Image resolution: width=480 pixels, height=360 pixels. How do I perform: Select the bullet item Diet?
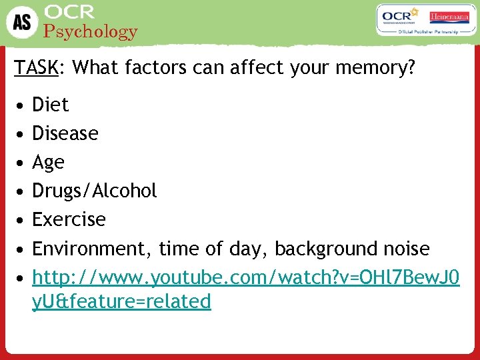coord(51,105)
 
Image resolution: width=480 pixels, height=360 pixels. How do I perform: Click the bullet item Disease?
coord(65,133)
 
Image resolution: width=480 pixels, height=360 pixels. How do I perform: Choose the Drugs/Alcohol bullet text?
coord(95,191)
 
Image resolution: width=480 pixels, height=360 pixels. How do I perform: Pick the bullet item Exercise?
coord(69,219)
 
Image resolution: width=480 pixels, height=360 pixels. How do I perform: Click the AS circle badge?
coord(22,22)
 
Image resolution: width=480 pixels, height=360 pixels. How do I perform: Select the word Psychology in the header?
coord(90,31)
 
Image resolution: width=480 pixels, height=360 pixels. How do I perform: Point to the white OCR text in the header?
coord(70,12)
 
